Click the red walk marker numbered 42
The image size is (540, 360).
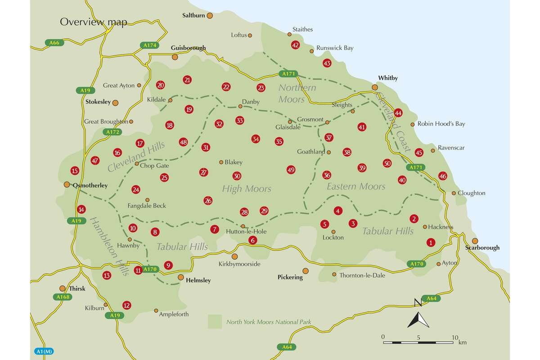(295, 45)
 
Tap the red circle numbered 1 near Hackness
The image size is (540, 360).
(431, 243)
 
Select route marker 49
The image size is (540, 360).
(291, 170)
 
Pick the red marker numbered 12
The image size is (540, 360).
(126, 306)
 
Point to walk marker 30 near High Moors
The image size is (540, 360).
(237, 176)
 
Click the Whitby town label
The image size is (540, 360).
(388, 78)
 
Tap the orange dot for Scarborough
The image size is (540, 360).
(475, 241)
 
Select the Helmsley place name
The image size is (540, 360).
(198, 280)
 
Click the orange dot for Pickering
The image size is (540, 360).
(306, 271)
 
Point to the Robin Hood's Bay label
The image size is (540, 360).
(441, 124)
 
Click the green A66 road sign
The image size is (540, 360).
(53, 43)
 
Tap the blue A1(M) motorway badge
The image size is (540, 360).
(43, 351)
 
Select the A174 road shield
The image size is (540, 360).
(149, 45)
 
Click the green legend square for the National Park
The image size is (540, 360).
(215, 322)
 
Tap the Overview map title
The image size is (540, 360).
(94, 22)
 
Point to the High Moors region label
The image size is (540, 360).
(247, 189)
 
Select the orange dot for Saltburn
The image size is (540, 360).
(210, 15)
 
